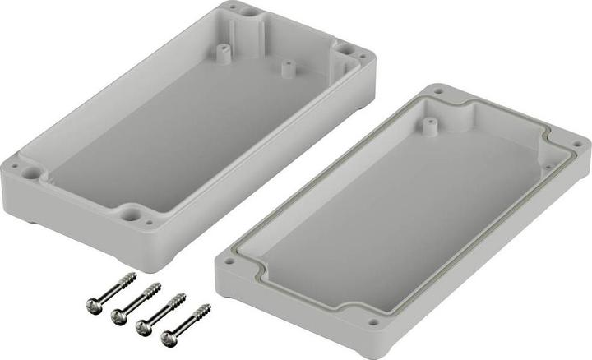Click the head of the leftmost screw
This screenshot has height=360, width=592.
tap(93, 305)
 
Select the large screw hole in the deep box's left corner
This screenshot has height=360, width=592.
tap(31, 173)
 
